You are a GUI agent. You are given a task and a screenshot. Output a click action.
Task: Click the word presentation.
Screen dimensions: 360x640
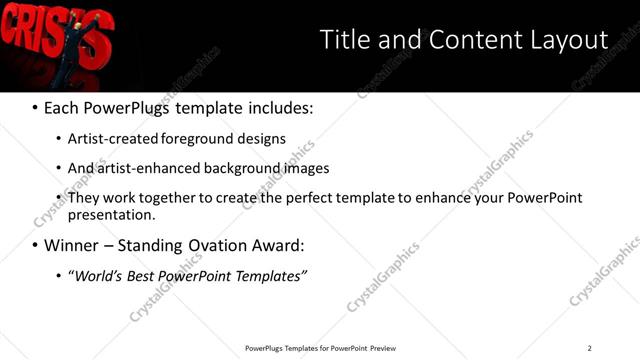[111, 214]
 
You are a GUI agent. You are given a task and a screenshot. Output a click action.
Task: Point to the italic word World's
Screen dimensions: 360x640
[97, 275]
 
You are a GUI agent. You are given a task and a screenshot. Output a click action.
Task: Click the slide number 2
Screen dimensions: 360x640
[589, 348]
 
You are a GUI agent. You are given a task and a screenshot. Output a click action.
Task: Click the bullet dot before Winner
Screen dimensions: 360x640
[35, 246]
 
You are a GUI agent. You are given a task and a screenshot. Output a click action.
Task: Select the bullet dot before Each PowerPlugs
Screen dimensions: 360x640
[35, 107]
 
